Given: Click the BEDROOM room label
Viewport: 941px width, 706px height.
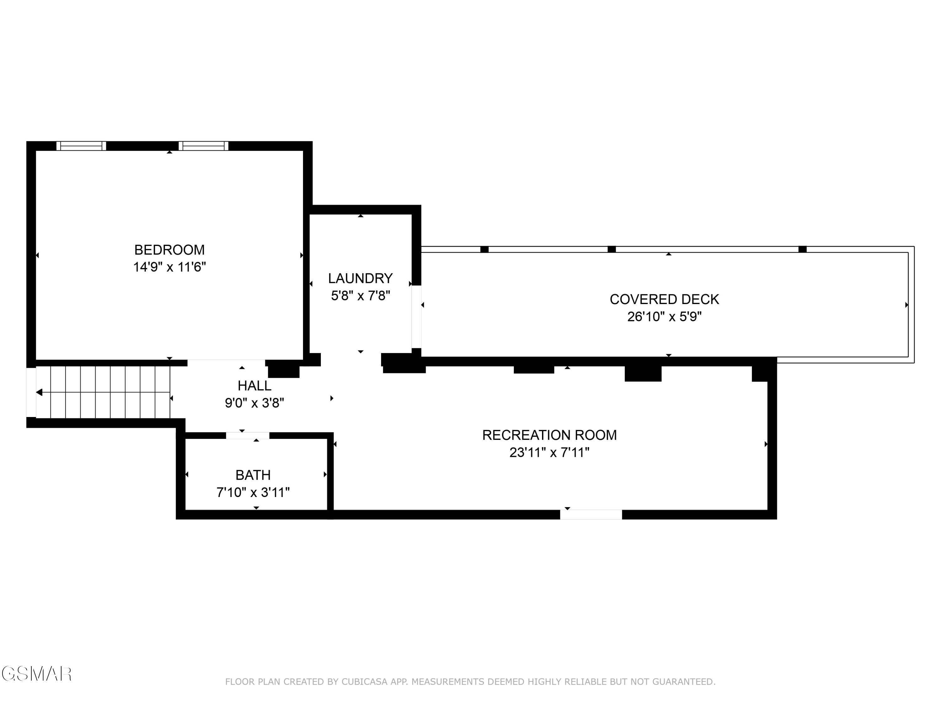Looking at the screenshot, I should point(169,250).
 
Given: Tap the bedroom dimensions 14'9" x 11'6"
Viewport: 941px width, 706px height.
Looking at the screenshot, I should point(169,267).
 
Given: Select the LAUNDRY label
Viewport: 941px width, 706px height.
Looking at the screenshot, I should point(360,278).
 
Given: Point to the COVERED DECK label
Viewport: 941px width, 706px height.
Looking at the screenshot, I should point(664,300).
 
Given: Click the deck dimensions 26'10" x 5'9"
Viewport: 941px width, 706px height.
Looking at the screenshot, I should point(664,317).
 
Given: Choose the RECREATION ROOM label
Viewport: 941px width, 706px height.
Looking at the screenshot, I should point(549,435).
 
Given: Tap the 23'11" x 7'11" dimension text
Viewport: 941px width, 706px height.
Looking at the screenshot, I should point(549,452).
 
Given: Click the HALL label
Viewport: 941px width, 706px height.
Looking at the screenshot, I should point(254,386).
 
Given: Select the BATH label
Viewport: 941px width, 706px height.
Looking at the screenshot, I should point(253,475).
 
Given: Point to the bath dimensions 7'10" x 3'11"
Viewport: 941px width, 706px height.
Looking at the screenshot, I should point(253,492).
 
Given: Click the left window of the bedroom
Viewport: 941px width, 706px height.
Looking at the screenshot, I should point(81,146).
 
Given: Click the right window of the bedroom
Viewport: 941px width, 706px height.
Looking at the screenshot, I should point(203,146).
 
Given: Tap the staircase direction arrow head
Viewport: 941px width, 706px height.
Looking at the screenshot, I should point(39,392).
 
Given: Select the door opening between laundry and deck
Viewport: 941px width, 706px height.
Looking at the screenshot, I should point(416,317).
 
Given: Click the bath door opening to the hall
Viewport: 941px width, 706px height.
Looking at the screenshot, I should point(247,435).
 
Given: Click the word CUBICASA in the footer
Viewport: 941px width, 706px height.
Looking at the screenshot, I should point(364,682).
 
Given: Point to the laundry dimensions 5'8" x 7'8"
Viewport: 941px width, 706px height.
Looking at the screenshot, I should point(360,296).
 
